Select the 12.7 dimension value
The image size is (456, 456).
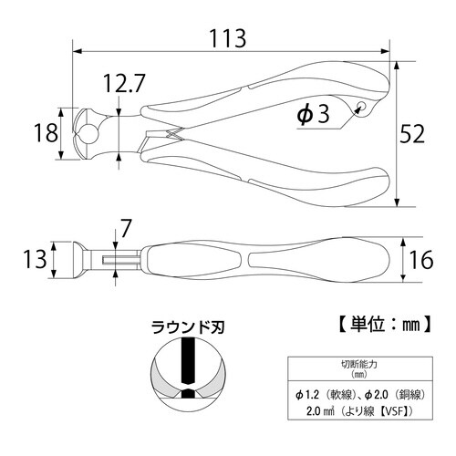(125, 87)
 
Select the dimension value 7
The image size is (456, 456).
(125, 225)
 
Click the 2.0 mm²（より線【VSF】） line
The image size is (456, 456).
(359, 412)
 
